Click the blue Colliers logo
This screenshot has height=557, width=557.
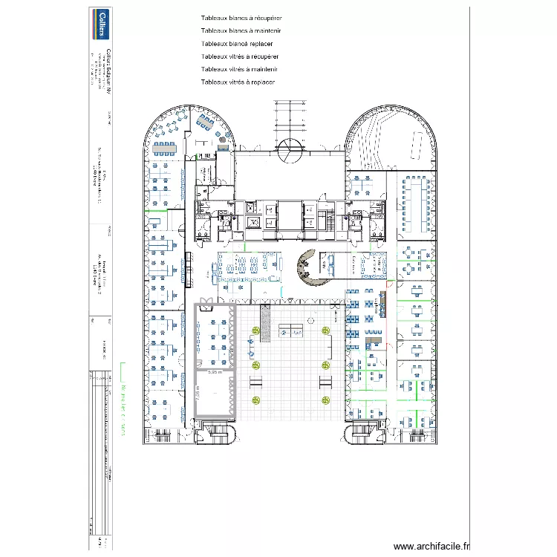tap(98, 23)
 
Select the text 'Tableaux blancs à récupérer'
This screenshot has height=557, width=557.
tap(241, 19)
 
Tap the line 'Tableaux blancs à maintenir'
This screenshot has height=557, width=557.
tap(241, 31)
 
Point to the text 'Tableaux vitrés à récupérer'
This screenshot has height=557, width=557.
tap(240, 56)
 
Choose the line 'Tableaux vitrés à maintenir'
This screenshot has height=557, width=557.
tap(239, 69)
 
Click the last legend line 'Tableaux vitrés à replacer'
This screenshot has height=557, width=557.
tap(238, 82)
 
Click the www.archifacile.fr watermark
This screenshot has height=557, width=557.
tap(431, 545)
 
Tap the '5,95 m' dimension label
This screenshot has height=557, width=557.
tap(215, 373)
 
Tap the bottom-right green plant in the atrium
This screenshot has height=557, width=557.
tap(325, 400)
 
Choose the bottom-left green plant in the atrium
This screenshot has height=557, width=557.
tap(255, 400)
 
